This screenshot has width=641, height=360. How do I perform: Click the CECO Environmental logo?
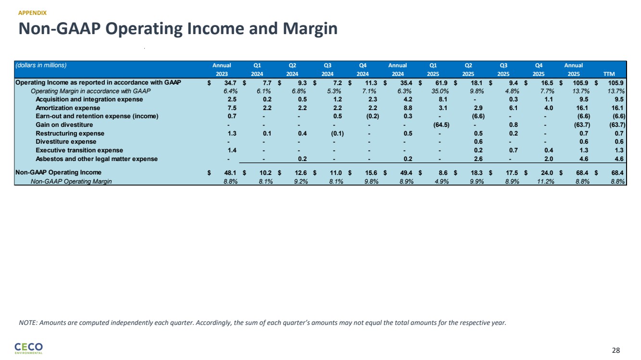coord(29,348)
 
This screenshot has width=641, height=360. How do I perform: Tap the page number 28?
coord(616,350)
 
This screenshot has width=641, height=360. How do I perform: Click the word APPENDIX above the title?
coord(32,12)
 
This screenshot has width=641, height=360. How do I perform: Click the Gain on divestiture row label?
coord(64,125)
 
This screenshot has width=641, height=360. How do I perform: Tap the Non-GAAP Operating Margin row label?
coord(71,181)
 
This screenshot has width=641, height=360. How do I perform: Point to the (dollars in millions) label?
coord(41,65)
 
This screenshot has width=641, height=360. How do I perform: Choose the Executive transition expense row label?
coord(79,150)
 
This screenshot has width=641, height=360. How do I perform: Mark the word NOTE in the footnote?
coord(27,323)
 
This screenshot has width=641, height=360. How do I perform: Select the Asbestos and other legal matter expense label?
coord(97,159)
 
